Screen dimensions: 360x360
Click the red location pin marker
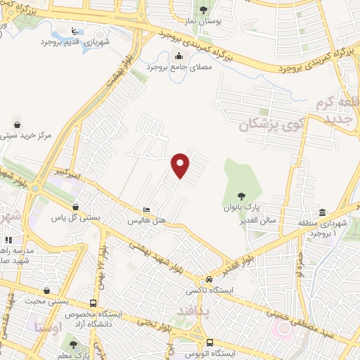[181, 165]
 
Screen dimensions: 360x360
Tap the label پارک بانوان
[242, 209]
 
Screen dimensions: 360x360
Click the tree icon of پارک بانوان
[242, 196]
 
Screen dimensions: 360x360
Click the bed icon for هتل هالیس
[146, 210]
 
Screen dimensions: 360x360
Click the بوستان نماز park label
[204, 22]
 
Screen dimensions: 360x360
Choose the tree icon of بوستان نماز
[204, 10]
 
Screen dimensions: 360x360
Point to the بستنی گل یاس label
[76, 218]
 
